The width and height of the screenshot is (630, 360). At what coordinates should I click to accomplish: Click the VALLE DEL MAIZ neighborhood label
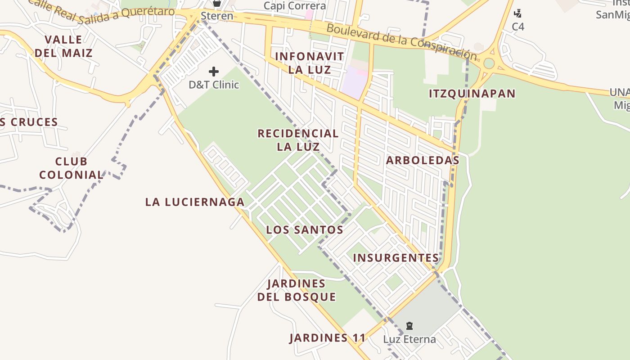[63, 46]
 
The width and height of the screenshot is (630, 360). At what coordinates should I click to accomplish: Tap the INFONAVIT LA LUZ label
[310, 63]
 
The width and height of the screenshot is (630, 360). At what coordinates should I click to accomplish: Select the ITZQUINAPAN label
[472, 94]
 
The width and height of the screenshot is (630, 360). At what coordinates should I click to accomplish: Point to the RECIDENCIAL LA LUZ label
[298, 140]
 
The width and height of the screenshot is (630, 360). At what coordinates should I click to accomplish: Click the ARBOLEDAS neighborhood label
[423, 160]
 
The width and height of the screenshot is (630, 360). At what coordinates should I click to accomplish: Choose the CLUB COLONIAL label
[71, 168]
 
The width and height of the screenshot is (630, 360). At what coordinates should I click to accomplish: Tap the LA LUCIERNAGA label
[194, 202]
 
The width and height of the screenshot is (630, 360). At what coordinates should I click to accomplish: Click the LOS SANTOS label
[305, 230]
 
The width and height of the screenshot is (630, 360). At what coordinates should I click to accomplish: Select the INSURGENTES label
[396, 258]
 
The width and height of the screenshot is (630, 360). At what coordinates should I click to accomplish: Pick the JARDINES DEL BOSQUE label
[297, 290]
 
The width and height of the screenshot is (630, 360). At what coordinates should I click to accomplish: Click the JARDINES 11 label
[327, 338]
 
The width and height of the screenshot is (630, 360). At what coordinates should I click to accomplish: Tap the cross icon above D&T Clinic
[214, 71]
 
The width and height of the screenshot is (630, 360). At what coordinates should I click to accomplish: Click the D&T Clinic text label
[214, 84]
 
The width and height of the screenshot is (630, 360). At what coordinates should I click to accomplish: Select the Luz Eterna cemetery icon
[409, 325]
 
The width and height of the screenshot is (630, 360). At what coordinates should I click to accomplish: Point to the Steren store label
[217, 16]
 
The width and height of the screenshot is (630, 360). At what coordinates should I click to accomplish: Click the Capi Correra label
[295, 6]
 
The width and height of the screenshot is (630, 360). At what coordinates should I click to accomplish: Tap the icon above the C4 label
[518, 13]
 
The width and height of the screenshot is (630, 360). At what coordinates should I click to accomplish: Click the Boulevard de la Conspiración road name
[401, 41]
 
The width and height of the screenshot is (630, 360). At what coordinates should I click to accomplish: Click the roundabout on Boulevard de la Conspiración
[488, 63]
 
